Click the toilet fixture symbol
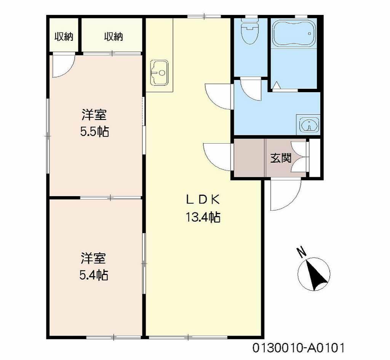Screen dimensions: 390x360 [x=250, y=32]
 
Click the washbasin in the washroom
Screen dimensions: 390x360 [x=308, y=124]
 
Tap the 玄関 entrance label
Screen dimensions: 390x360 [x=281, y=158]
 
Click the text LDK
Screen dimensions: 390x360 [x=203, y=200]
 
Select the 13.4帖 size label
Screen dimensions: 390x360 [x=203, y=217]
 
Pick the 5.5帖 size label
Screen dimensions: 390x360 [x=94, y=131]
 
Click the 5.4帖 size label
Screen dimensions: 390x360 [x=94, y=275]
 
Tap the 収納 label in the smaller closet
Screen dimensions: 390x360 [x=64, y=37]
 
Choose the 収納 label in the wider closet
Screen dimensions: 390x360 [x=113, y=37]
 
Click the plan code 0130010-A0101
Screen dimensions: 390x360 [x=299, y=347]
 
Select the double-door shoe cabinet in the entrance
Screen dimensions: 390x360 [x=300, y=157]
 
